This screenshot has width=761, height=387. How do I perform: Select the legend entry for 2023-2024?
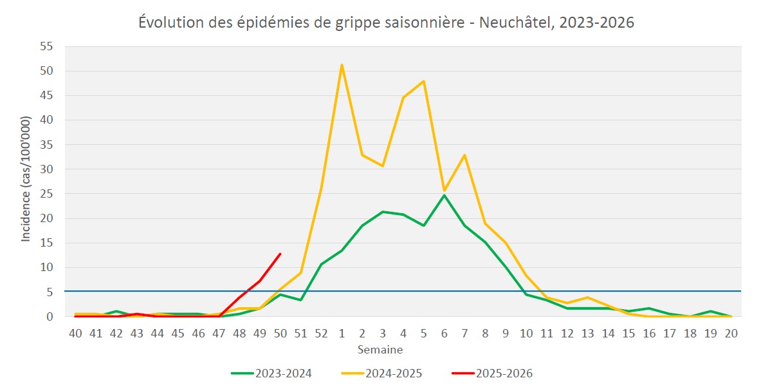tap(283, 373)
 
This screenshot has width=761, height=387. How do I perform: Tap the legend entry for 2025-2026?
tap(504, 373)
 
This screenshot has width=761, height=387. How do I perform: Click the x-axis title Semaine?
tap(381, 350)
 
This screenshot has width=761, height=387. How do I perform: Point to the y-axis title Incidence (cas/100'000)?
tap(26, 180)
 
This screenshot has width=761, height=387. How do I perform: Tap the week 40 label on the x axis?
tap(75, 333)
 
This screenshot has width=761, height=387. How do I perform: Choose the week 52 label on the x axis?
tap(321, 333)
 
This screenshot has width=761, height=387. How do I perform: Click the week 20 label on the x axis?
tap(731, 333)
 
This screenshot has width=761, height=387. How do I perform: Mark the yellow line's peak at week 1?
tap(342, 64)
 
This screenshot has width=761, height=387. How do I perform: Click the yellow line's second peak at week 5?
tap(424, 81)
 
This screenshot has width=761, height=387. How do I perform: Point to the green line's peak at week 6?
tap(445, 195)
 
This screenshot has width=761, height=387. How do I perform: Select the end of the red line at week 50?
tap(280, 254)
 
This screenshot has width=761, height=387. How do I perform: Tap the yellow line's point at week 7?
tap(464, 155)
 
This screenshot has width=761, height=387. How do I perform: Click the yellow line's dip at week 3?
tap(383, 166)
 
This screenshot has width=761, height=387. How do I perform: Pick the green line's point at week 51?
tap(300, 300)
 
